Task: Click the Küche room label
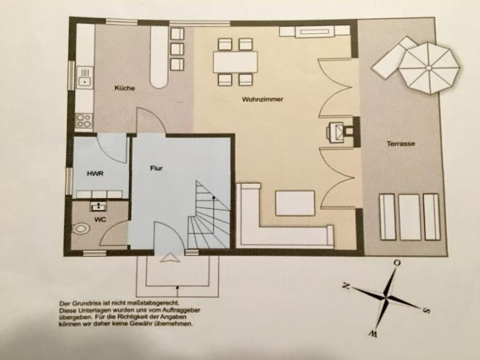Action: click(124, 88)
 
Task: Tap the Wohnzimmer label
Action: click(259, 99)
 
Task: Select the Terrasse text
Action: click(400, 143)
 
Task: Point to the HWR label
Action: click(94, 172)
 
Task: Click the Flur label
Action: click(156, 169)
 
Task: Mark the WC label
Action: click(100, 219)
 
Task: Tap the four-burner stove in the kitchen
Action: click(84, 121)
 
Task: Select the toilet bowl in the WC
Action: click(80, 228)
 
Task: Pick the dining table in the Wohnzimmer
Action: click(235, 62)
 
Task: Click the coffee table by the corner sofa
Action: click(295, 203)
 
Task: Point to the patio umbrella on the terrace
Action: click(429, 67)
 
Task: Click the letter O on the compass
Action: click(397, 262)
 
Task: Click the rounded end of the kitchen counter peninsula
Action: click(159, 81)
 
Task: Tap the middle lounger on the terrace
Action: click(409, 217)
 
